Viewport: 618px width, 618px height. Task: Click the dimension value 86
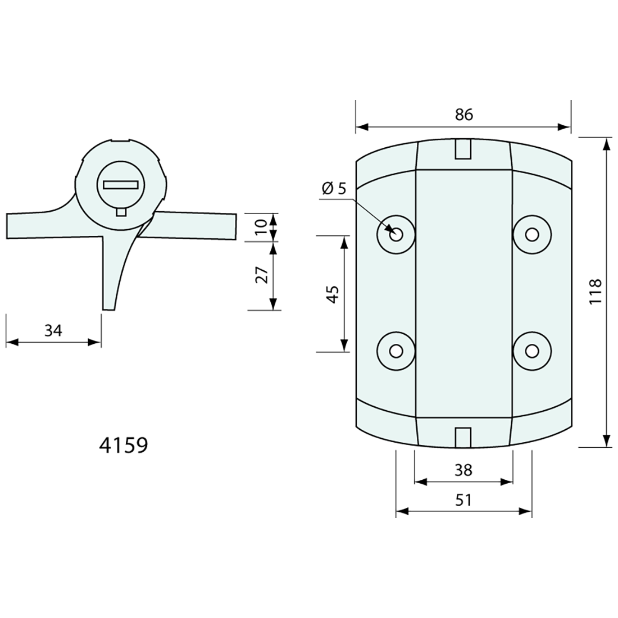[464, 115]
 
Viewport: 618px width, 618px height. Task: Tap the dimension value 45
[333, 294]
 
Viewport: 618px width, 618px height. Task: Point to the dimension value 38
[463, 470]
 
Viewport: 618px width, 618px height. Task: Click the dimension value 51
[463, 499]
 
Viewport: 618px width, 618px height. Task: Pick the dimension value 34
[53, 331]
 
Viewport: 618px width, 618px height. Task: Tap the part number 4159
[123, 445]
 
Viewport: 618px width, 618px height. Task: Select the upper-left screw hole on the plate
[396, 234]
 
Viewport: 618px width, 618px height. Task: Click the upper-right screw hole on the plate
[531, 234]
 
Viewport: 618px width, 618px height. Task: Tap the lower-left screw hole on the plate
[396, 351]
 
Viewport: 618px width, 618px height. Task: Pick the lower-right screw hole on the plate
[531, 351]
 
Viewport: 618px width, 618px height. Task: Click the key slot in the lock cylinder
[121, 184]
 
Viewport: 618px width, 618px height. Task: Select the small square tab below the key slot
[121, 211]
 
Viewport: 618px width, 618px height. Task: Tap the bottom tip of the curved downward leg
[109, 308]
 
